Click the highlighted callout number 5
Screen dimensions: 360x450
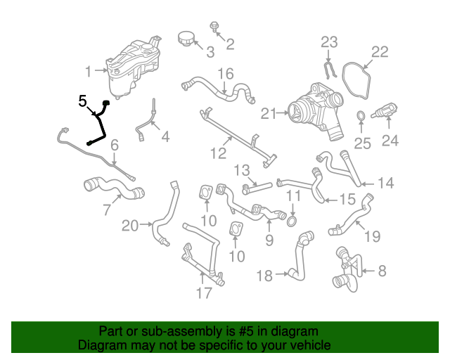82,101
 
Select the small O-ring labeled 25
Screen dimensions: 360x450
359,116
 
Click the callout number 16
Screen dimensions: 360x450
225,73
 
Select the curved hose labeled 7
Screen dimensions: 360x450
112,188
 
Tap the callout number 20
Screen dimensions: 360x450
131,225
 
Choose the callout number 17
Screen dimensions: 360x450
204,293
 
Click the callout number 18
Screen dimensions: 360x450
264,276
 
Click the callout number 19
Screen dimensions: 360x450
373,236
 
